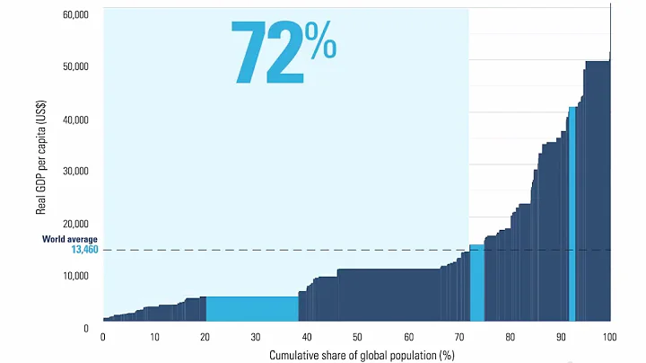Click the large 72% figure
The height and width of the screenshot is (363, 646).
[283, 52]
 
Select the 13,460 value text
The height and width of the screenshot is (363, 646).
[83, 250]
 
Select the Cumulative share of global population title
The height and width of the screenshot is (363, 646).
[358, 355]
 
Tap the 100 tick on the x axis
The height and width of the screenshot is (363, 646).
[611, 337]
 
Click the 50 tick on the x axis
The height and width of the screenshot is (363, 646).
[357, 337]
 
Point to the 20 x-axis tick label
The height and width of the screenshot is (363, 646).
[205, 337]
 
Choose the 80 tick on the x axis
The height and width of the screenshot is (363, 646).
[510, 337]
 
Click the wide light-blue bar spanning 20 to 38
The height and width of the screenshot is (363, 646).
[252, 308]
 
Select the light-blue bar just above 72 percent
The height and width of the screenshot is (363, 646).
[476, 283]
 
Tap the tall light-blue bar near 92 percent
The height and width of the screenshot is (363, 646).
[572, 214]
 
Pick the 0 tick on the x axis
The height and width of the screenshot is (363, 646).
[103, 337]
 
